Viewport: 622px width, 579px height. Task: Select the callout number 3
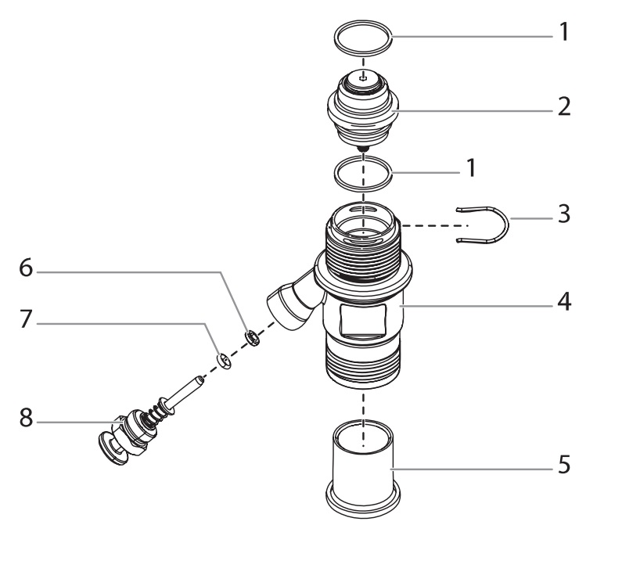point(563,214)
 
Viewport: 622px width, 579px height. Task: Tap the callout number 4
point(563,300)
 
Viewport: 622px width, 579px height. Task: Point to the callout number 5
point(563,467)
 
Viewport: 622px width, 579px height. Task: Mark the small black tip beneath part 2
point(362,147)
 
